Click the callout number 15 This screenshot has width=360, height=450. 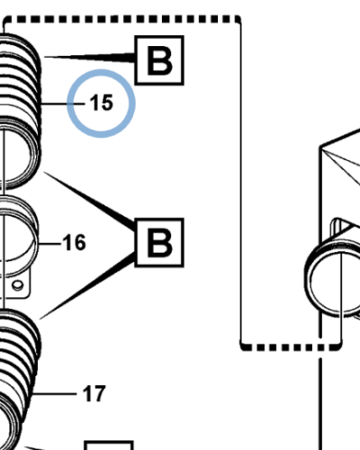point(102,103)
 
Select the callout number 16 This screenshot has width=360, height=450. point(74,242)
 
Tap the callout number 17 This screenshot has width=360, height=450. point(94,393)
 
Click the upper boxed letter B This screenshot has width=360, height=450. point(159,60)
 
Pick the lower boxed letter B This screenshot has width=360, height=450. point(159,242)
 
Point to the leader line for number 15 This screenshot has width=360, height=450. point(63,103)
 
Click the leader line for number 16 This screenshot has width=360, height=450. point(49,244)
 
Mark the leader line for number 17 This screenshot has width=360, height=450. point(55,393)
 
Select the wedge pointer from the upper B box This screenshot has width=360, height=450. point(90,58)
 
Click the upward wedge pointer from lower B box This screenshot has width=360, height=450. point(90,199)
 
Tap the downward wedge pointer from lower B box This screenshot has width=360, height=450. point(87,286)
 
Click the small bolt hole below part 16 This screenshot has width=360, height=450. point(18,284)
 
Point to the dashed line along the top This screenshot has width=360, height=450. point(121,19)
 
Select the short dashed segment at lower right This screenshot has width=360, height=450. point(291,347)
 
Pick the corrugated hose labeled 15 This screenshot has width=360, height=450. point(20,111)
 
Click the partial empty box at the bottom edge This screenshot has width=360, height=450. point(109,445)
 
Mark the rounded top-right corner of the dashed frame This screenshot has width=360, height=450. point(238,19)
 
